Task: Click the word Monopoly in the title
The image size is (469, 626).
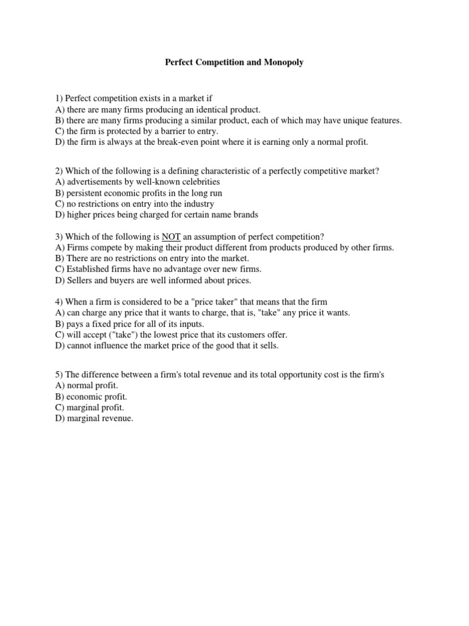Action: pos(285,63)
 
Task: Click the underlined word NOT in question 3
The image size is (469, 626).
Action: pos(170,237)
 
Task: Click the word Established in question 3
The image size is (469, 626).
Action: pos(89,270)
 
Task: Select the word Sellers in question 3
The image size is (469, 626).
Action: pos(80,281)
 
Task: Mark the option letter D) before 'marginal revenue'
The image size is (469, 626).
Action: pos(60,419)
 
